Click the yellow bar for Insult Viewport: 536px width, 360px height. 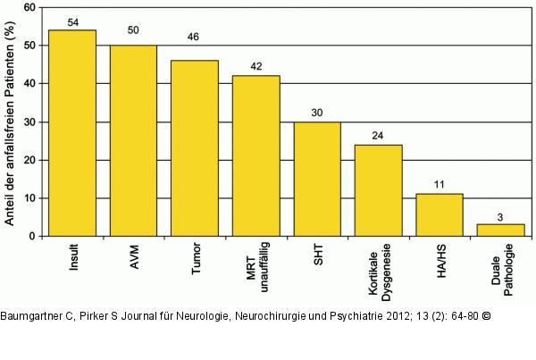coord(72,133)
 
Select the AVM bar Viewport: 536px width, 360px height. coord(133,140)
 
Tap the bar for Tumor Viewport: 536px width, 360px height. coord(195,148)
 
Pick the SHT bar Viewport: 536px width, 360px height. coord(317,179)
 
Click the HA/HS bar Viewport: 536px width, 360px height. coord(440,214)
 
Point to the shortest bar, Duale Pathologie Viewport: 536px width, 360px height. coord(500,230)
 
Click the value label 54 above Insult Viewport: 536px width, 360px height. coord(72,21)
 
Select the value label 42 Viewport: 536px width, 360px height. coord(255,67)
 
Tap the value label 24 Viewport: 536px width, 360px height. coord(378,136)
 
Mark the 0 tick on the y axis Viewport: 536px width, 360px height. coord(33,236)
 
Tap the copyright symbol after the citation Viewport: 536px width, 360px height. coord(487,317)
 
